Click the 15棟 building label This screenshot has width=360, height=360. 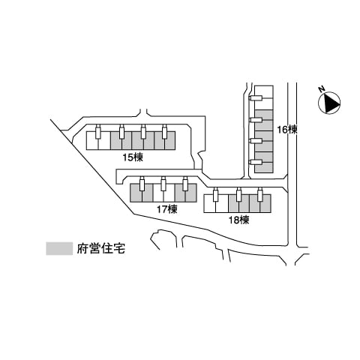pyautogui.click(x=133, y=157)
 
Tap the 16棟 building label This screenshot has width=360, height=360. pyautogui.click(x=287, y=130)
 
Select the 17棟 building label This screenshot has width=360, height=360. pyautogui.click(x=167, y=209)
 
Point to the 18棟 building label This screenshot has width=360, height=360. pyautogui.click(x=239, y=220)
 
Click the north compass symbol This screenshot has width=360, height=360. pyautogui.click(x=329, y=103)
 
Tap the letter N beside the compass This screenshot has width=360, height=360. pyautogui.click(x=322, y=88)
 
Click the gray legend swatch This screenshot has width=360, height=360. pyautogui.click(x=59, y=248)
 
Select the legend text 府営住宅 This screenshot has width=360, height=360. pyautogui.click(x=100, y=248)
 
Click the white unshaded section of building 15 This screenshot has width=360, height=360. pyautogui.click(x=98, y=141)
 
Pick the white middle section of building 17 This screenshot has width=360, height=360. pyautogui.click(x=163, y=193)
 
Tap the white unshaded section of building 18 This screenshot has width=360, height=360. pyautogui.click(x=216, y=204)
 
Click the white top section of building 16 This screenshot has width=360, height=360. pyautogui.click(x=264, y=97)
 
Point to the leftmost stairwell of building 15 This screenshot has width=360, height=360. pyautogui.click(x=98, y=131)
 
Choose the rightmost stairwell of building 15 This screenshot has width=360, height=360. pyautogui.click(x=164, y=131)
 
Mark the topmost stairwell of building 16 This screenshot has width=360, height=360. pyautogui.click(x=256, y=98)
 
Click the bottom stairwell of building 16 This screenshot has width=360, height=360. pyautogui.click(x=256, y=162)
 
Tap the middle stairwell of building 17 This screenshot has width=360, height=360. pyautogui.click(x=163, y=184)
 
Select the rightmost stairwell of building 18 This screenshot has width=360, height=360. pyautogui.click(x=260, y=194)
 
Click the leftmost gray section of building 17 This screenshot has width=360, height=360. pyautogui.click(x=141, y=193)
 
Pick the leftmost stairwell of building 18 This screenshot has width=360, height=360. pyautogui.click(x=216, y=194)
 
